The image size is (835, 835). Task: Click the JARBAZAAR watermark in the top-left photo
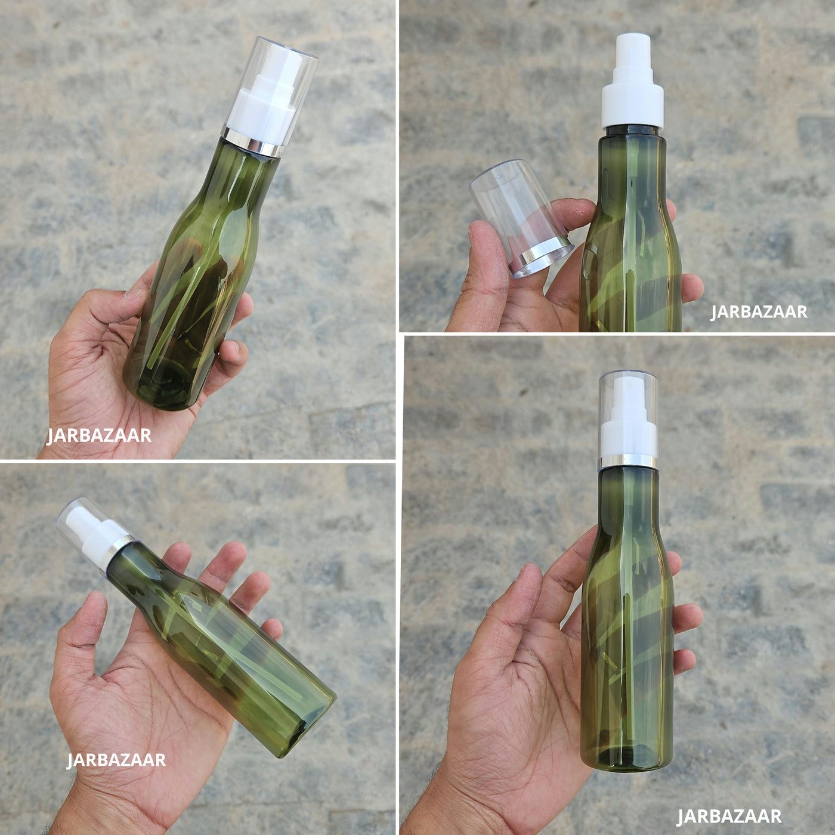[99, 435]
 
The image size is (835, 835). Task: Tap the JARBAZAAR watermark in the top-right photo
[759, 311]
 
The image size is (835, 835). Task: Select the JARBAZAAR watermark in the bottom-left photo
[116, 772]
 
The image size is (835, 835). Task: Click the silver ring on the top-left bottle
[252, 141]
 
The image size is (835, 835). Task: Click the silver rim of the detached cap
[542, 257]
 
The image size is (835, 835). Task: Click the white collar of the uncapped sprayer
[633, 106]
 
